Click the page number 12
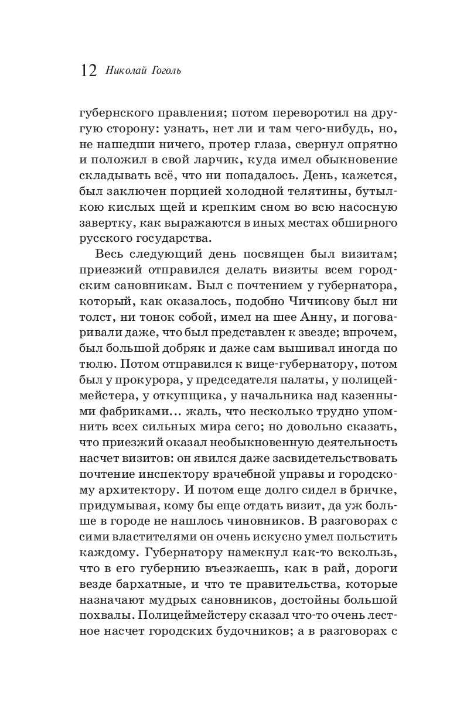pos(89,71)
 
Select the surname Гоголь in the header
pos(166,71)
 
